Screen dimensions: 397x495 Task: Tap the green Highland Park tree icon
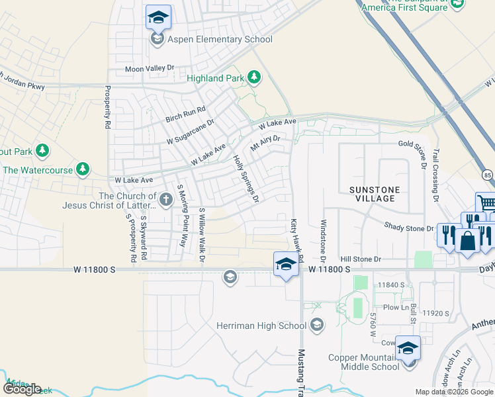pos(253,78)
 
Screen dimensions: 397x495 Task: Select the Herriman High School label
pos(261,326)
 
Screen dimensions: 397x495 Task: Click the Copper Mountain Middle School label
pos(364,363)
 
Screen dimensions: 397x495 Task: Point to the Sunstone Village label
pos(375,194)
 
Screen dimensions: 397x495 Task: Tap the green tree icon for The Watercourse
pos(83,170)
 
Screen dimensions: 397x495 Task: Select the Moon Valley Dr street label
pos(150,68)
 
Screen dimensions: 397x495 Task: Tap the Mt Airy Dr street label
pos(265,142)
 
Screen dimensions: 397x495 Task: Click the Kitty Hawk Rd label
pos(296,239)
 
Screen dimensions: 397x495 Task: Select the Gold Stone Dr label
pos(414,144)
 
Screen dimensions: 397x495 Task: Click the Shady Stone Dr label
pos(410,228)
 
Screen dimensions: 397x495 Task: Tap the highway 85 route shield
pos(487,175)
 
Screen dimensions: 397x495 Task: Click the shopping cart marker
pos(486,202)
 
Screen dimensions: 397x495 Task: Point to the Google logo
pos(22,389)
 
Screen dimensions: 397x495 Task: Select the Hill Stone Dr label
pos(361,259)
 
